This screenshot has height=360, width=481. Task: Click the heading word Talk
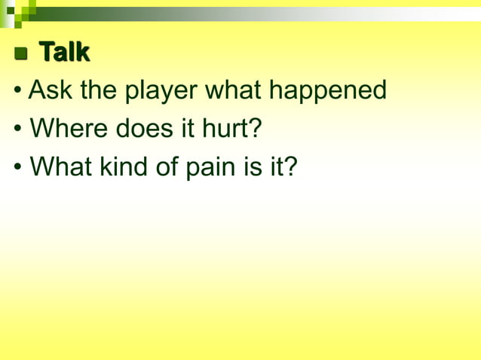pyautogui.click(x=64, y=53)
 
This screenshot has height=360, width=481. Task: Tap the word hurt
pyautogui.click(x=231, y=129)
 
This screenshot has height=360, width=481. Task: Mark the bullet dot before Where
pyautogui.click(x=18, y=130)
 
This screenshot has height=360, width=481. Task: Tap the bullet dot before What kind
pyautogui.click(x=18, y=167)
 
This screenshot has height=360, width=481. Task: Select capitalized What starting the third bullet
pyautogui.click(x=62, y=166)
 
